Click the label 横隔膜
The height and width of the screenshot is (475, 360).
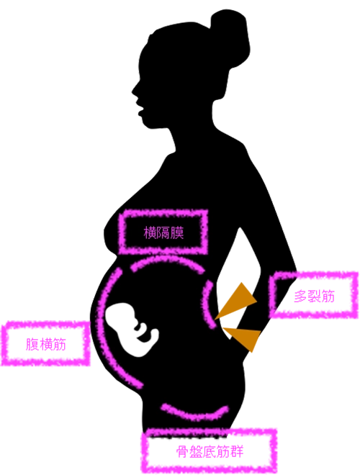click(x=163, y=232)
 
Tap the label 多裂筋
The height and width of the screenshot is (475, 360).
click(x=314, y=296)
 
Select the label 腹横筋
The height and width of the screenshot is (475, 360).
click(x=46, y=344)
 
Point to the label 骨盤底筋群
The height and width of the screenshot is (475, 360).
click(x=210, y=452)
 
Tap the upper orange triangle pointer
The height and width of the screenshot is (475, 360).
click(x=238, y=301)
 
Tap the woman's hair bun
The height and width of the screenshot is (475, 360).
click(x=231, y=37)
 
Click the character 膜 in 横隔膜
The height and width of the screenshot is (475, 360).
click(x=177, y=232)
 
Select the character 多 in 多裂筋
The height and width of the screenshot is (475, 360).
click(x=301, y=296)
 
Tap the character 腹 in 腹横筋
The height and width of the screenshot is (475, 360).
click(x=32, y=344)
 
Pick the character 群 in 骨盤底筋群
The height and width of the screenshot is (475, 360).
click(x=237, y=452)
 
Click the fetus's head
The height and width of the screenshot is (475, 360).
click(x=120, y=315)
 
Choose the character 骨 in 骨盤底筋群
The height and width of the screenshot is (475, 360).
click(x=183, y=452)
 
